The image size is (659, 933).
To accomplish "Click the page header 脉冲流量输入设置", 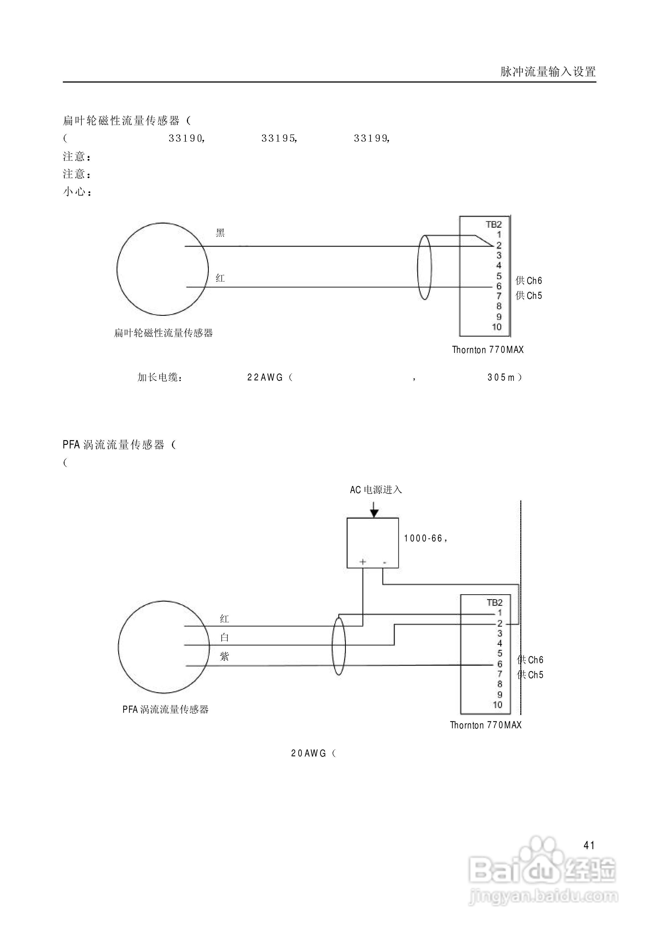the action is click(548, 72).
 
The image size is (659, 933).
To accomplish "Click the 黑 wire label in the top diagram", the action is click(220, 233).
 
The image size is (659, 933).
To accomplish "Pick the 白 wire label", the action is click(224, 638).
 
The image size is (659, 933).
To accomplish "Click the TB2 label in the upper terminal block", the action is click(494, 224).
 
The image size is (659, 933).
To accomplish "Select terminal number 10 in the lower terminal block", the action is click(498, 705).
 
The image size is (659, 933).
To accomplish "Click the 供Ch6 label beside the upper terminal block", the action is click(529, 281).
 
